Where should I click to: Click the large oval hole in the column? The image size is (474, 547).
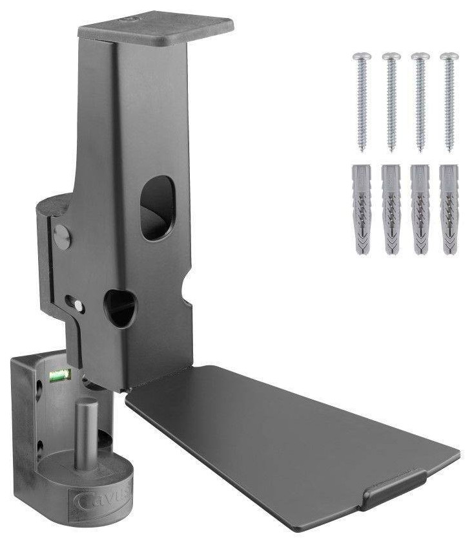click(157, 208)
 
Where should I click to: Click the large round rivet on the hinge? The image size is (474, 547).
click(62, 237)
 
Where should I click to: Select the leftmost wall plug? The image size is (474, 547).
click(361, 209)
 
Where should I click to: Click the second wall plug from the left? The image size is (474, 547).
click(390, 209)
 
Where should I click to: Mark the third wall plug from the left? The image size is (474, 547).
click(420, 209)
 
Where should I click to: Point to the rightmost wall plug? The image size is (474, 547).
click(449, 209)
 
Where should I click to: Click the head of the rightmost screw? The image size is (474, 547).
click(449, 58)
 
